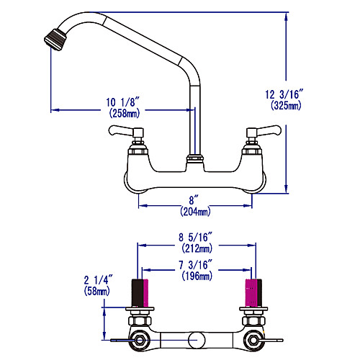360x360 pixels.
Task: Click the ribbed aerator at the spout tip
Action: pyautogui.click(x=55, y=40)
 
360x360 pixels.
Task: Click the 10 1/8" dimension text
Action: pyautogui.click(x=122, y=102)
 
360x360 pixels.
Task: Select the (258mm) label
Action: pyautogui.click(x=124, y=113)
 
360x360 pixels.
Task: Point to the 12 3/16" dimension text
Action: pyautogui.click(x=284, y=94)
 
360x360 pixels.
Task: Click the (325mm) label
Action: pyautogui.click(x=286, y=105)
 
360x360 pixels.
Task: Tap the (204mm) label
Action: pyautogui.click(x=195, y=212)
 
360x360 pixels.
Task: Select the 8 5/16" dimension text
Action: pyautogui.click(x=196, y=237)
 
